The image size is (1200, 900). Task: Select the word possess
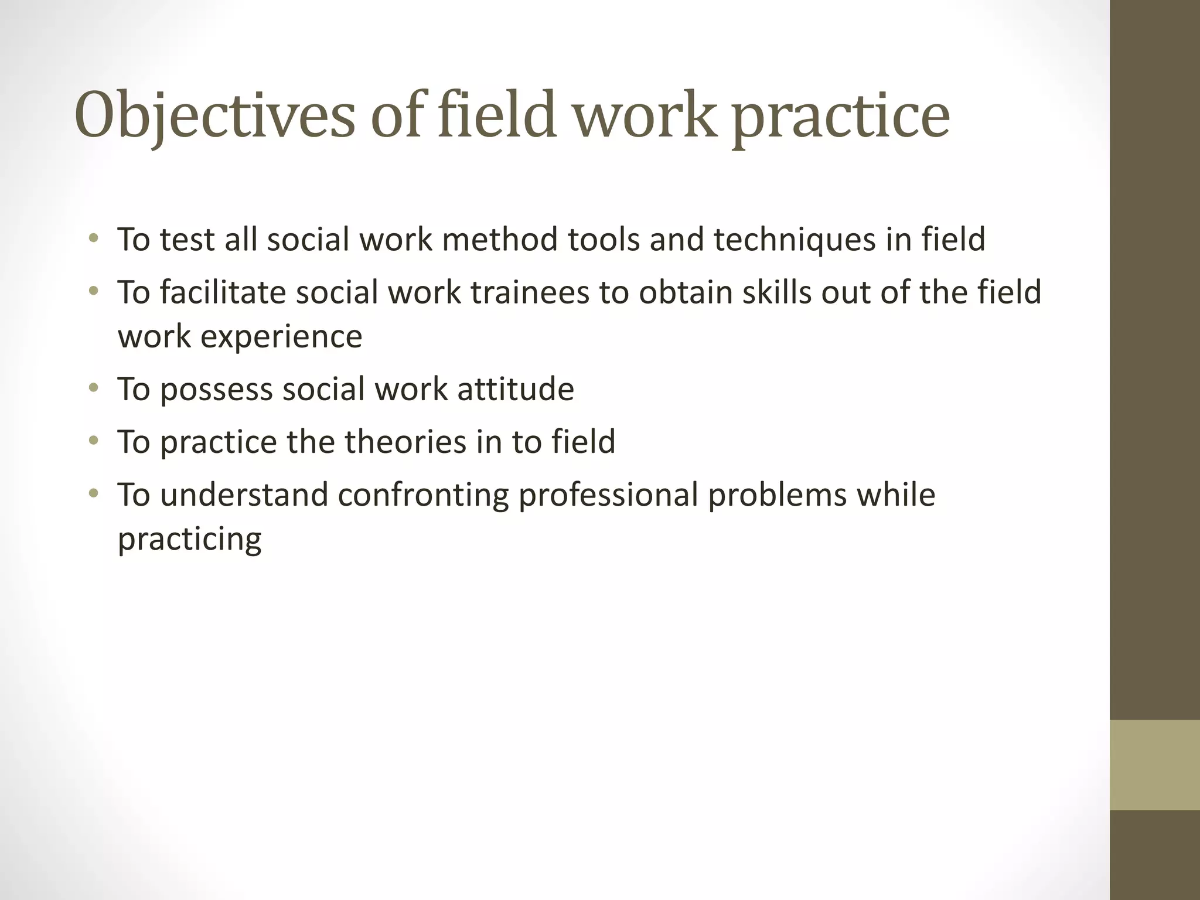(216, 389)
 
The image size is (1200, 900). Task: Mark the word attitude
(516, 389)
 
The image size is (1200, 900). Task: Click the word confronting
(423, 495)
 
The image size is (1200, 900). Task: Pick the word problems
(778, 495)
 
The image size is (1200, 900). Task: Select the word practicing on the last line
(189, 540)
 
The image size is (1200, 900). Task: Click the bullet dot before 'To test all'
(93, 238)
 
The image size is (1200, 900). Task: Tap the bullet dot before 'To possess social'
(93, 388)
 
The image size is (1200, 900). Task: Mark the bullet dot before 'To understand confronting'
(93, 493)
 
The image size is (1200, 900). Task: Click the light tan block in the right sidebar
(1155, 765)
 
